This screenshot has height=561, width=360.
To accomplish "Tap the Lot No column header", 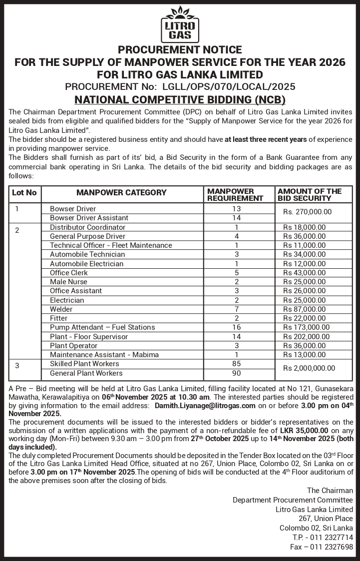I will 24,193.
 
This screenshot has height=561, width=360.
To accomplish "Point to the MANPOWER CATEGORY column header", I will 121,193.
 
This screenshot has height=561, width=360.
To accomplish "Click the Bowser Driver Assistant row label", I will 89,218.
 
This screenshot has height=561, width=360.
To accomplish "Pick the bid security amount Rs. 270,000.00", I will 307,212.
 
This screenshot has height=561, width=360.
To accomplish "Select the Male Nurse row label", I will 69,282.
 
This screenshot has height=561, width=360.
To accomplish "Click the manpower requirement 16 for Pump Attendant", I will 237,327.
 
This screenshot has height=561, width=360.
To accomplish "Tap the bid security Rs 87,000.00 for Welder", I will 305,309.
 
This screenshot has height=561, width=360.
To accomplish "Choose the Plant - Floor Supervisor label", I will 89,337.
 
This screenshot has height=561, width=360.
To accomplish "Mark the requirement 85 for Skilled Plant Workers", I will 237,364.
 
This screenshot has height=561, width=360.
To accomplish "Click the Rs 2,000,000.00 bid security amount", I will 309,368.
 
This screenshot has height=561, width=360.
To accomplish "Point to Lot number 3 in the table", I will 17,366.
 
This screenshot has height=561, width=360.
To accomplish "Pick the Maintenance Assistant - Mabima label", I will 104,355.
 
